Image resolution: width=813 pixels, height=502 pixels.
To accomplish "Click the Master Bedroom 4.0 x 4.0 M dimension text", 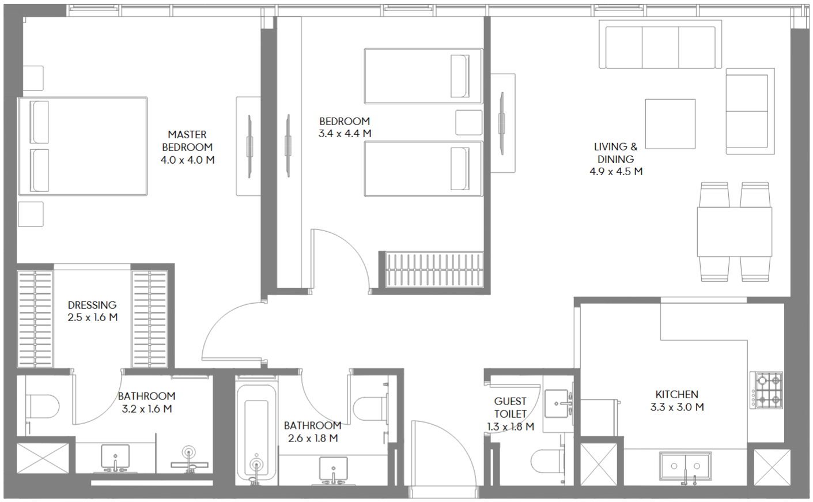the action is click(x=188, y=160).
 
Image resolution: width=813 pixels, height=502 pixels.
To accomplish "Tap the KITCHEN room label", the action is click(x=676, y=394).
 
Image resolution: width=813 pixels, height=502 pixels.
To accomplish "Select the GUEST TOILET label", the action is click(x=511, y=407).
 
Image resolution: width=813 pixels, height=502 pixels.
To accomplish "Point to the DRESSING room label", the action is click(x=92, y=305).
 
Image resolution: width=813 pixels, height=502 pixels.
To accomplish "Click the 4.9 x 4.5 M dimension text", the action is click(x=616, y=171).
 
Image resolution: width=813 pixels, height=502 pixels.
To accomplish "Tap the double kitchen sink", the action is click(x=685, y=466).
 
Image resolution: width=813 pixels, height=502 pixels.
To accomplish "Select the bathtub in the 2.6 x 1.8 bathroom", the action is click(x=256, y=431).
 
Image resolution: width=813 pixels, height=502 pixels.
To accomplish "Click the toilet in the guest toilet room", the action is click(x=547, y=462).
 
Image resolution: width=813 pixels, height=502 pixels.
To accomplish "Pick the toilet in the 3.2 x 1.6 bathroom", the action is click(x=42, y=406).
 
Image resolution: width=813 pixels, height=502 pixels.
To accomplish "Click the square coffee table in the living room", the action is click(x=670, y=124).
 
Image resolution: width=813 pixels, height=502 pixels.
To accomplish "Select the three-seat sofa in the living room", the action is click(x=660, y=44).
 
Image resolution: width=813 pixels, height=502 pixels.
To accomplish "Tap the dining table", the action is click(x=735, y=232).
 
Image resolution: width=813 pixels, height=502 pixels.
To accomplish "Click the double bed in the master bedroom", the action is click(x=83, y=146).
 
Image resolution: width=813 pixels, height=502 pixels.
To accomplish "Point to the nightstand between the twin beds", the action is click(x=469, y=123).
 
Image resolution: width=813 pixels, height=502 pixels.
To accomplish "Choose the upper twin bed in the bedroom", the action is click(x=423, y=76).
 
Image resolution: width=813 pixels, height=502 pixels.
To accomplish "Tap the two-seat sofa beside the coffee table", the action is click(x=750, y=111).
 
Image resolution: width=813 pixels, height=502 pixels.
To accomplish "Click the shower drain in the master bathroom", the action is click(x=188, y=452).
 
